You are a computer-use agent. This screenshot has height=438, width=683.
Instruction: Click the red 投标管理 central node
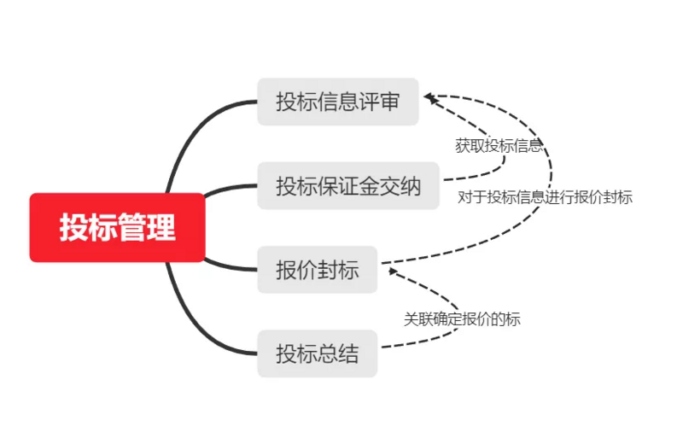coord(117,227)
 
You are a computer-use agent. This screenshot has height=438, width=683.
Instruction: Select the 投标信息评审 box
coord(338,102)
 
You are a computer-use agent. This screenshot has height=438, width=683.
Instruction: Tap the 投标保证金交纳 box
coord(348,185)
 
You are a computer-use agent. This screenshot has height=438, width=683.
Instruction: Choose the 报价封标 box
coord(317,270)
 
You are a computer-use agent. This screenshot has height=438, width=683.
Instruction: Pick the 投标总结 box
coord(317,353)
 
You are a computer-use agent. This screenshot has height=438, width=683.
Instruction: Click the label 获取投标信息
coord(499,145)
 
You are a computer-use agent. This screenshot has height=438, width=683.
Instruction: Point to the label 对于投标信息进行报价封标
coord(545,197)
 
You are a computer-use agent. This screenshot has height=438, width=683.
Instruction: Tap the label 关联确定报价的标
coord(462,319)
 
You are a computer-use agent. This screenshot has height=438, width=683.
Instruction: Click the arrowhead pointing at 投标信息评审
coord(429,97)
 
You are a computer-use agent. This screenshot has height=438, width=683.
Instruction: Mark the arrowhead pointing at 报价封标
coord(393,271)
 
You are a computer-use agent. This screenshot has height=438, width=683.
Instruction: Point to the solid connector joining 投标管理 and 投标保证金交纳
coord(229,189)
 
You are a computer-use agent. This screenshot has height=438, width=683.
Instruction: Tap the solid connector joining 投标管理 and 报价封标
coord(229,266)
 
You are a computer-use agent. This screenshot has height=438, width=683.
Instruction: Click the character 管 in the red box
coord(132,227)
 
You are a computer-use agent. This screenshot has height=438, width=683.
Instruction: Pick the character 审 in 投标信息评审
coord(389,102)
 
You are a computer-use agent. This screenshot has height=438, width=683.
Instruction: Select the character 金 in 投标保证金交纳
coord(369,185)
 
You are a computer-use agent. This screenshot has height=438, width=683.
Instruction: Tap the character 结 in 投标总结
coord(348,353)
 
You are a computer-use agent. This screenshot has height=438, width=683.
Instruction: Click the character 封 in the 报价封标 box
coord(328,270)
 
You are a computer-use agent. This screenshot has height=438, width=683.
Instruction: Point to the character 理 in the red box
coord(161,227)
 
